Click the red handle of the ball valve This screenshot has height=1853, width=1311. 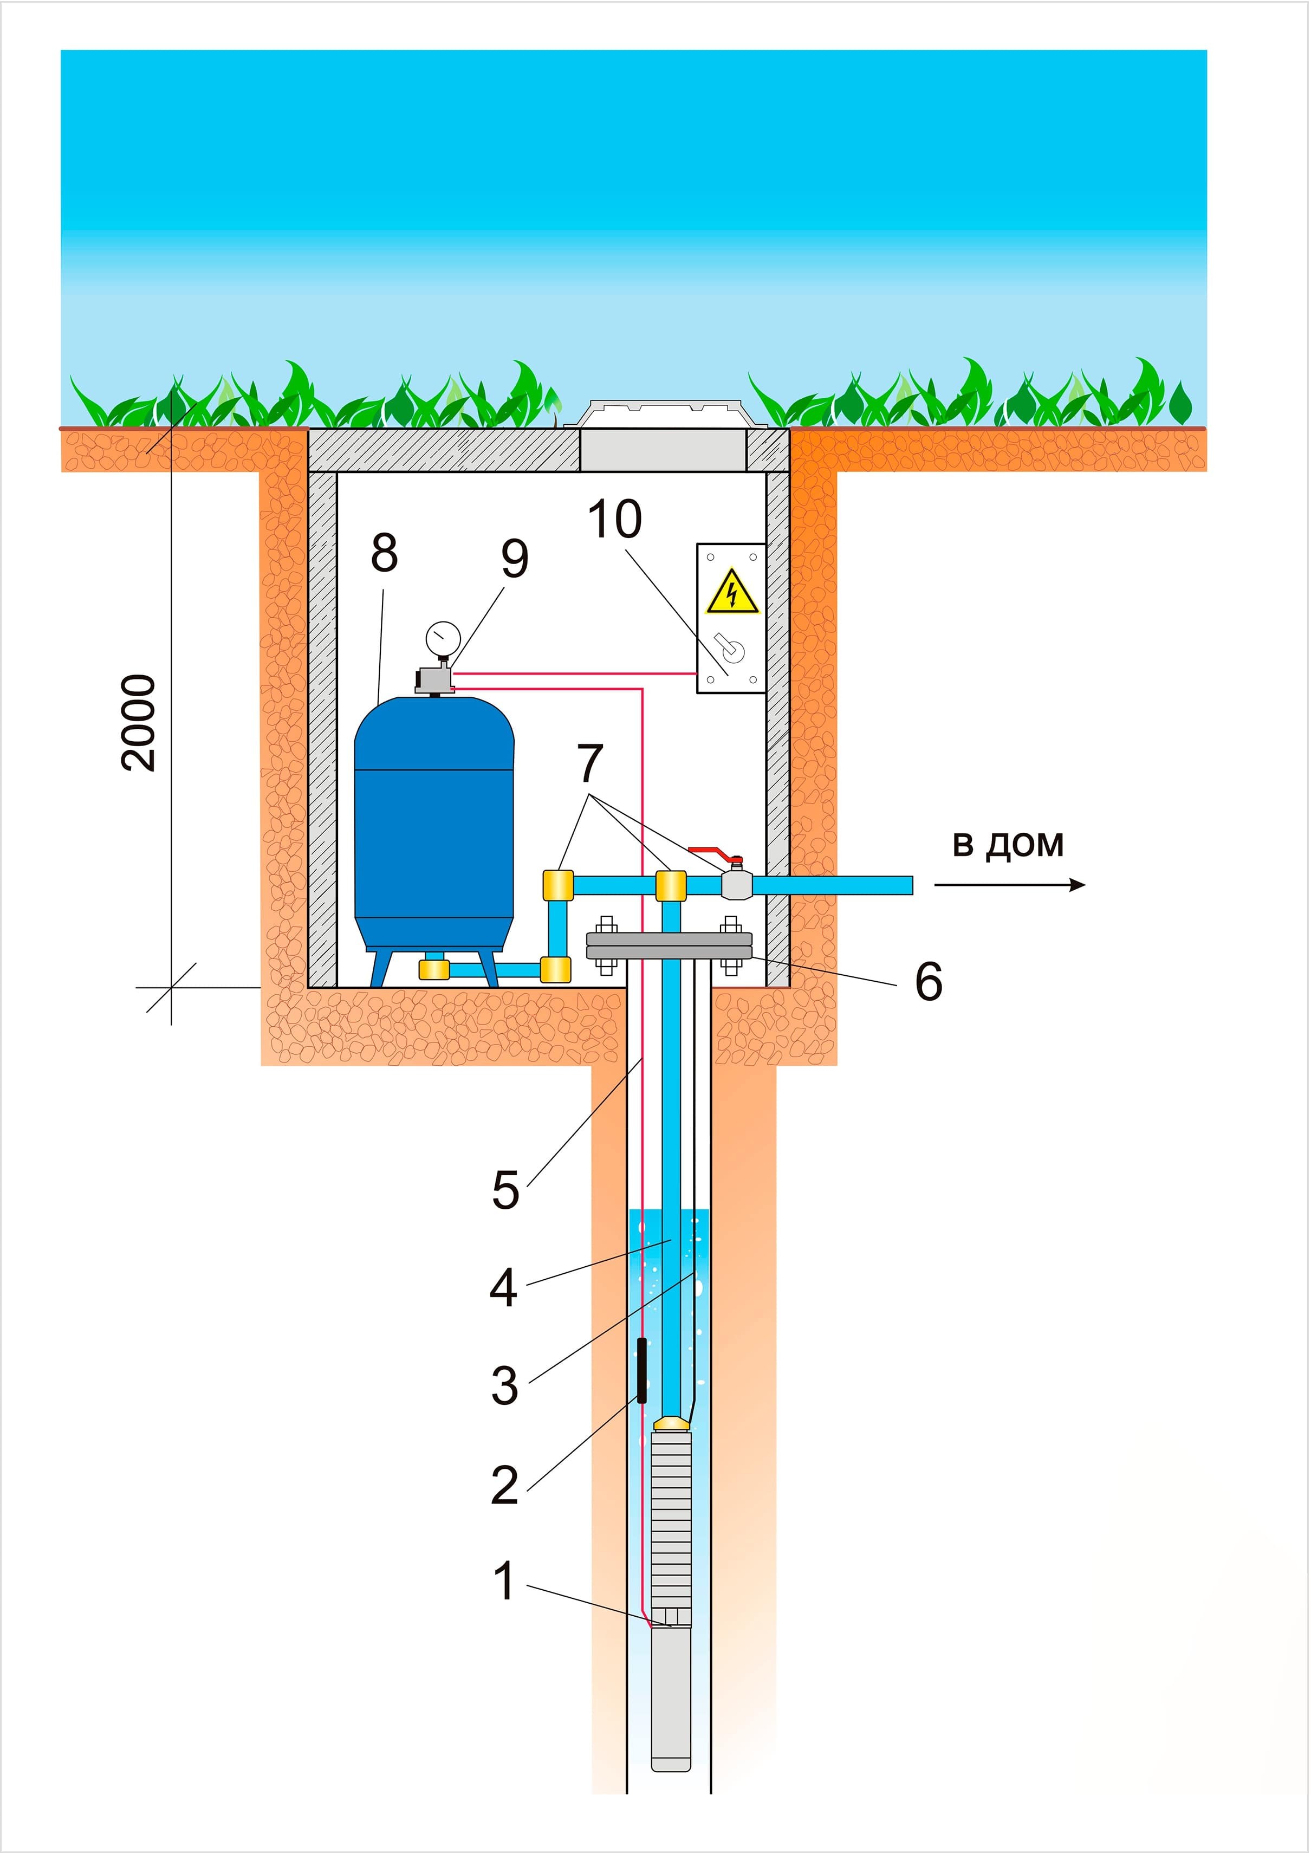tap(713, 851)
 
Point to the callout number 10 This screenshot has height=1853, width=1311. tap(614, 519)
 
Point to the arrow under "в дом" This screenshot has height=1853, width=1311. tap(1009, 885)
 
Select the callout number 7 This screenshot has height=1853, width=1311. tap(590, 763)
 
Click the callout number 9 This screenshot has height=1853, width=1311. tap(514, 559)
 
